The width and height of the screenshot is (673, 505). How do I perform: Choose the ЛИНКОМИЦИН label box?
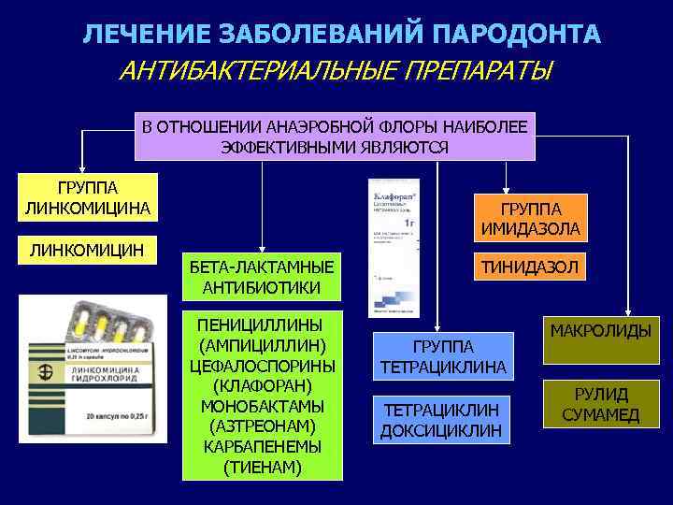click(87, 249)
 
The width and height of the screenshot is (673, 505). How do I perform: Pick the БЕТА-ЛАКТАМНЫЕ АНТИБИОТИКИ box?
click(262, 277)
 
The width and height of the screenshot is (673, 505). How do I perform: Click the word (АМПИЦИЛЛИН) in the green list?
click(262, 344)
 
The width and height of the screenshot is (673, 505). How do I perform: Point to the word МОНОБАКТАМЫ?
click(262, 405)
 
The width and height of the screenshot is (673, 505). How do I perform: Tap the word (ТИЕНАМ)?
click(262, 467)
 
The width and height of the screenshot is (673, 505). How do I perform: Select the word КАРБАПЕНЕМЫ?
click(262, 446)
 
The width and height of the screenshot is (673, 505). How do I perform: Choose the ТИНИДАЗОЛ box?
click(530, 268)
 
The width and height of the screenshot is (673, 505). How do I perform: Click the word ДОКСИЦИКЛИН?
click(442, 431)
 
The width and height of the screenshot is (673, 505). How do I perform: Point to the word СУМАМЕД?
click(601, 415)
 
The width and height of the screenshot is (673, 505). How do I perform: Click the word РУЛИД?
click(601, 395)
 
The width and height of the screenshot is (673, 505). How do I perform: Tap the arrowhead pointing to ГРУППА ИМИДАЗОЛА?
click(506, 188)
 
